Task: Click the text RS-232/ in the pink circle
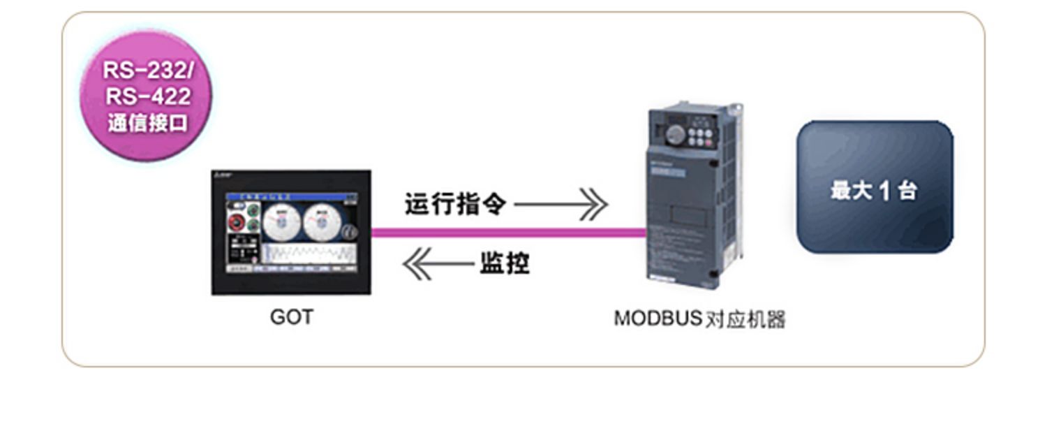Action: pyautogui.click(x=146, y=70)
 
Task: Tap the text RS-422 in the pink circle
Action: pyautogui.click(x=147, y=96)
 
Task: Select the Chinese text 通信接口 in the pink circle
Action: pyautogui.click(x=147, y=122)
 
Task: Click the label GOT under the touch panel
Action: pyautogui.click(x=291, y=317)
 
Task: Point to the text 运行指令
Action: pyautogui.click(x=455, y=204)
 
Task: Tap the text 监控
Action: pyautogui.click(x=504, y=264)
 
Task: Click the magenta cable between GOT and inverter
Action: pyautogui.click(x=510, y=233)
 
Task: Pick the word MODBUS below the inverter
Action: pyautogui.click(x=657, y=319)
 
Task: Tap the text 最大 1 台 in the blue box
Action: pyautogui.click(x=874, y=190)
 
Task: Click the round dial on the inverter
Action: pyautogui.click(x=675, y=133)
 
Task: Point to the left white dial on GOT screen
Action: pyautogui.click(x=283, y=223)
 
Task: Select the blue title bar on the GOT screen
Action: pyautogui.click(x=291, y=197)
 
